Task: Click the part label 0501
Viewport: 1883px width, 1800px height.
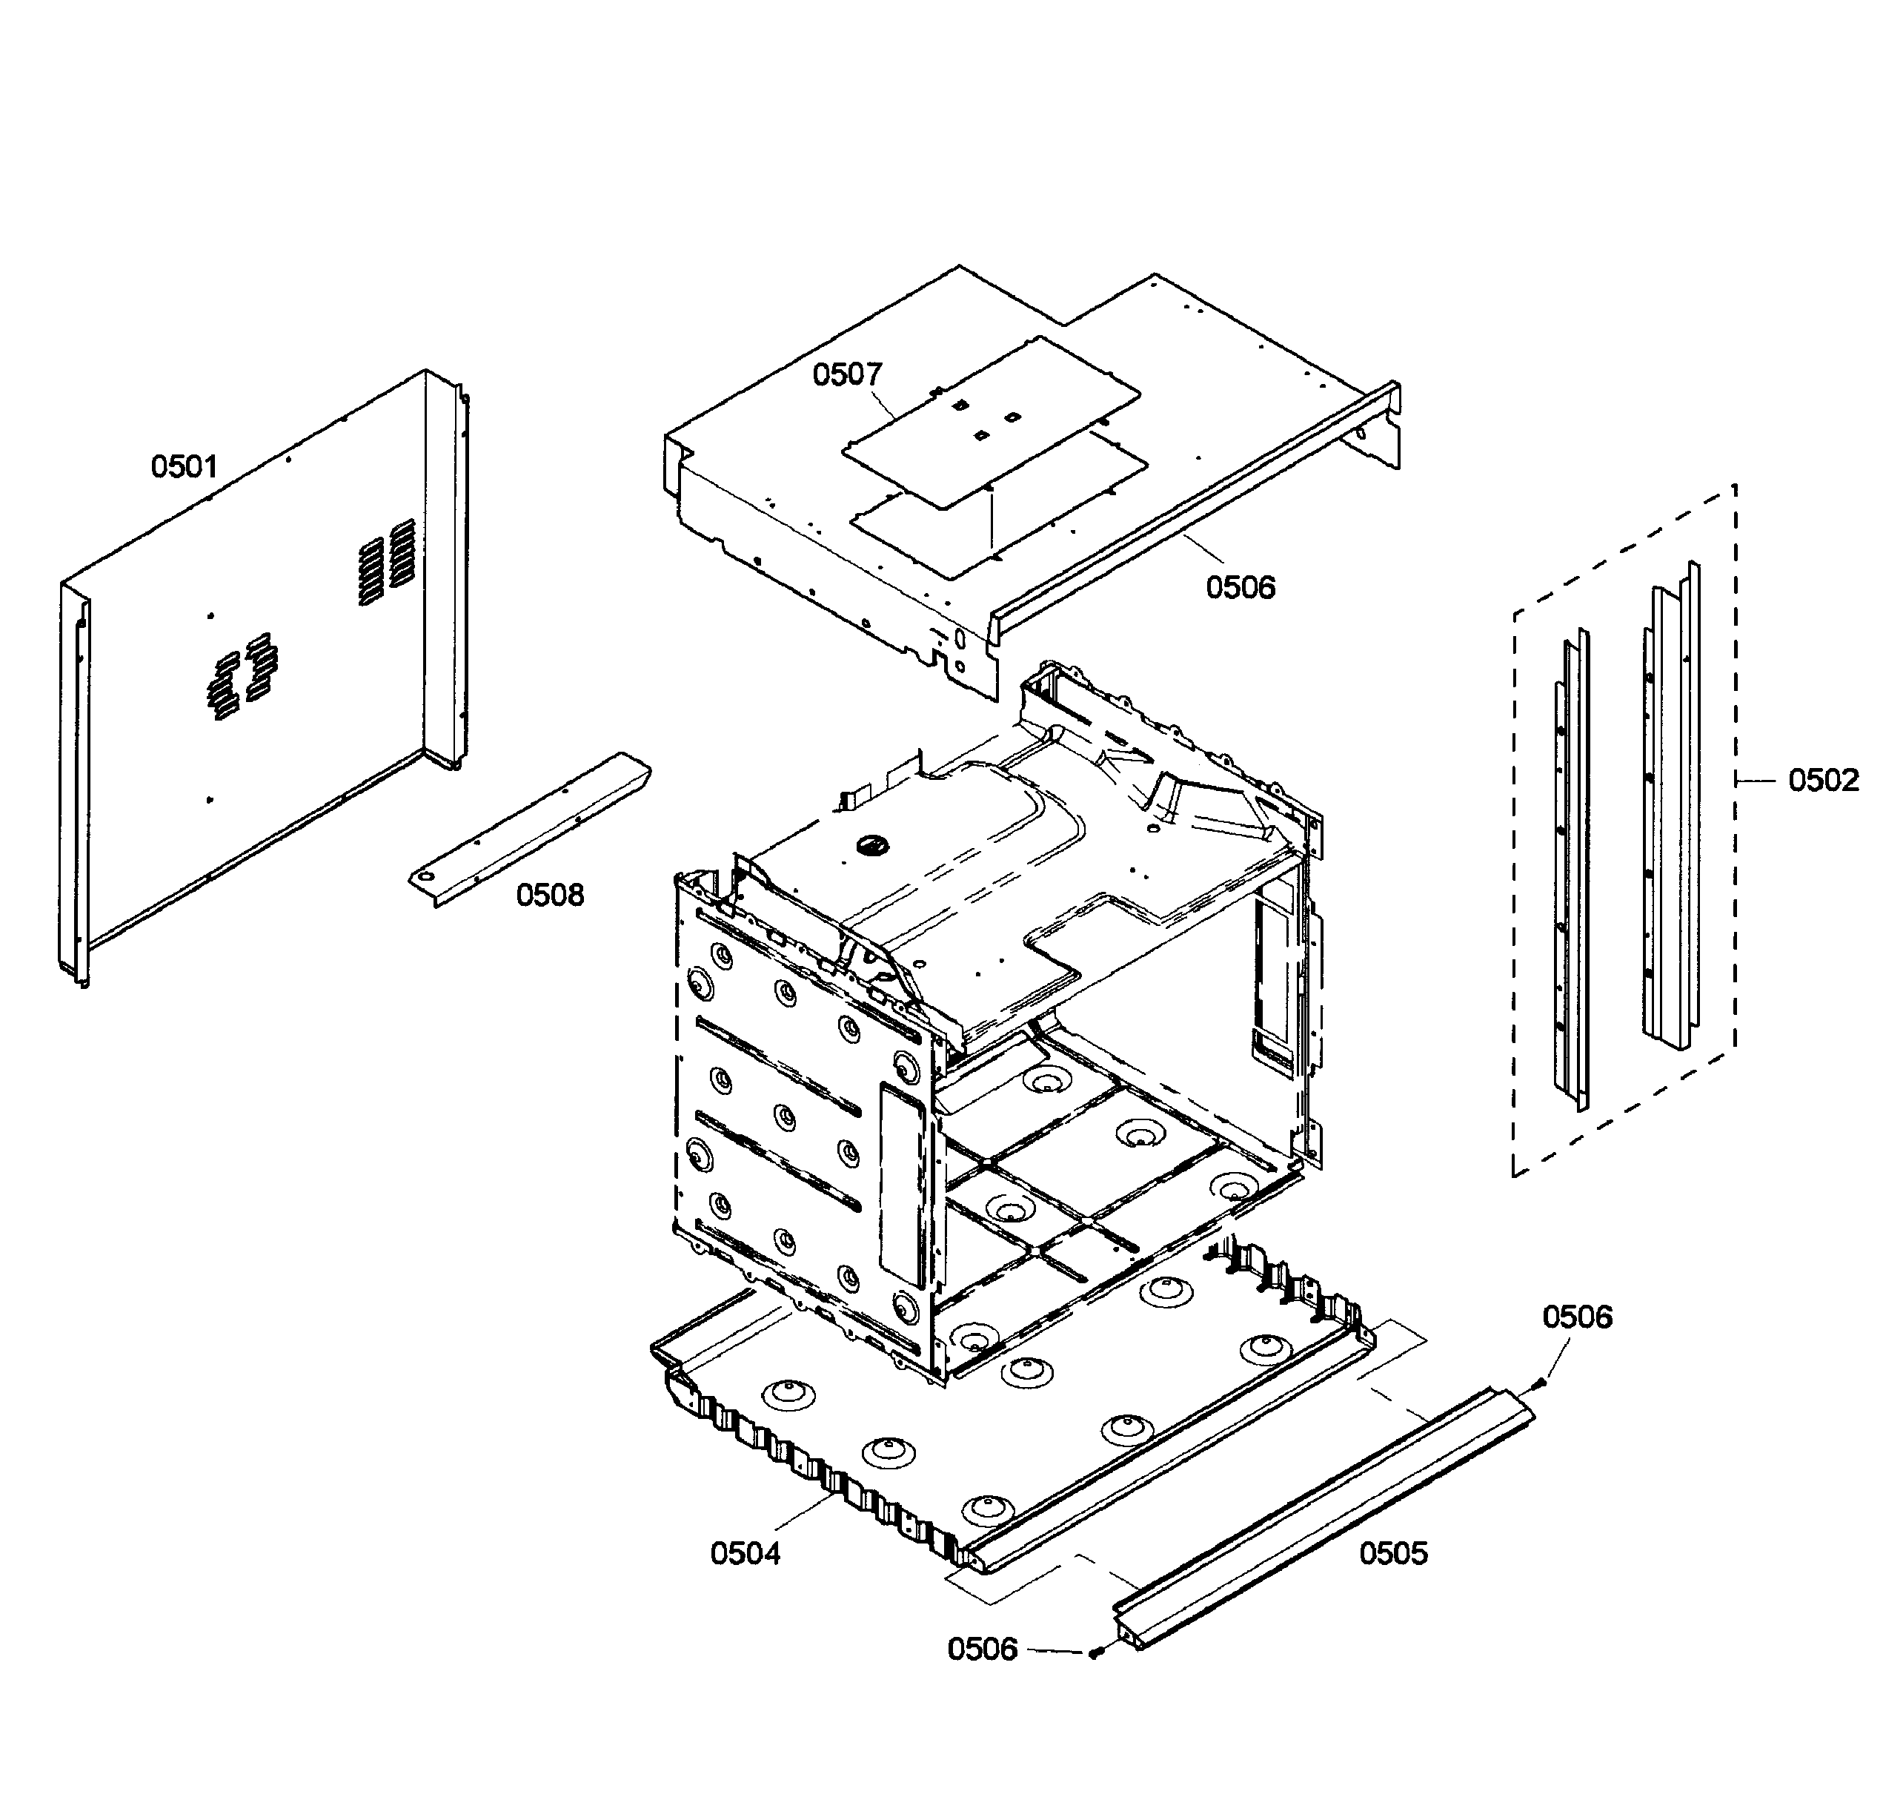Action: pos(185,466)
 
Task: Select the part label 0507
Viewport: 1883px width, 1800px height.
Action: pos(847,374)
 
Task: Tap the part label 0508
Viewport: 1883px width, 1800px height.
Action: pos(550,896)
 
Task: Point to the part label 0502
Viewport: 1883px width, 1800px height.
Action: pos(1822,780)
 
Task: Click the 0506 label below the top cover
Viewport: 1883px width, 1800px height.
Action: pos(1241,586)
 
